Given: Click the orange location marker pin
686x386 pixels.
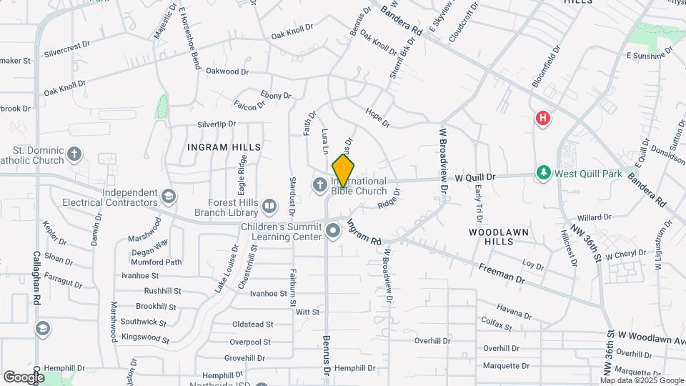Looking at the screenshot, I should click(343, 171).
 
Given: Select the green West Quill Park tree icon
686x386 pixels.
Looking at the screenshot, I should click(544, 173).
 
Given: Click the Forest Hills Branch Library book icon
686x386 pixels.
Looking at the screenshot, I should click(269, 207).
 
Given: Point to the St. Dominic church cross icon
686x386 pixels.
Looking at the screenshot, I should click(74, 154).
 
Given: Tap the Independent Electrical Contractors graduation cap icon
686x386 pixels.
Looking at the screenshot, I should click(168, 197).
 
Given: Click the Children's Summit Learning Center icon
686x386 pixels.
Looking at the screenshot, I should click(333, 230).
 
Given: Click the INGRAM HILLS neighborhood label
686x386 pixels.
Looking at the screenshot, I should click(224, 147).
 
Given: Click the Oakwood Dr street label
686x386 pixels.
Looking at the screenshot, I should click(227, 71).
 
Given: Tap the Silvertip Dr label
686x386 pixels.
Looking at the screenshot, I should click(217, 124).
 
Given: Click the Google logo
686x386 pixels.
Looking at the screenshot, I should click(24, 377).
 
